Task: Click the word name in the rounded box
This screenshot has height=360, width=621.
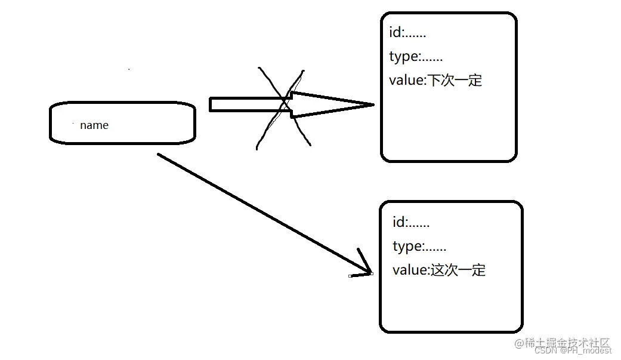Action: click(94, 125)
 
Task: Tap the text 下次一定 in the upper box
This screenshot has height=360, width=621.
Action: click(454, 81)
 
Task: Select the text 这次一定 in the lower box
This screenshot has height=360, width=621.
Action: click(458, 270)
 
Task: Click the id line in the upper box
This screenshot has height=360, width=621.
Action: click(407, 33)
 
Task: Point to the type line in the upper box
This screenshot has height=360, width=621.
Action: click(416, 57)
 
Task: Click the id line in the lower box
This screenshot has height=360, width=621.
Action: click(411, 223)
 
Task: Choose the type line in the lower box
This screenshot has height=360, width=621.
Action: click(419, 246)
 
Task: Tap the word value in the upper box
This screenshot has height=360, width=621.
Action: click(406, 81)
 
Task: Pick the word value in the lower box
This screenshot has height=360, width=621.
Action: click(409, 270)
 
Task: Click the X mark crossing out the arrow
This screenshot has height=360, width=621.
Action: click(284, 107)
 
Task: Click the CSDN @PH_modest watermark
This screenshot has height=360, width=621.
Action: click(573, 351)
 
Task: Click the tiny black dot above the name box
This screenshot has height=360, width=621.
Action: click(129, 70)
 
